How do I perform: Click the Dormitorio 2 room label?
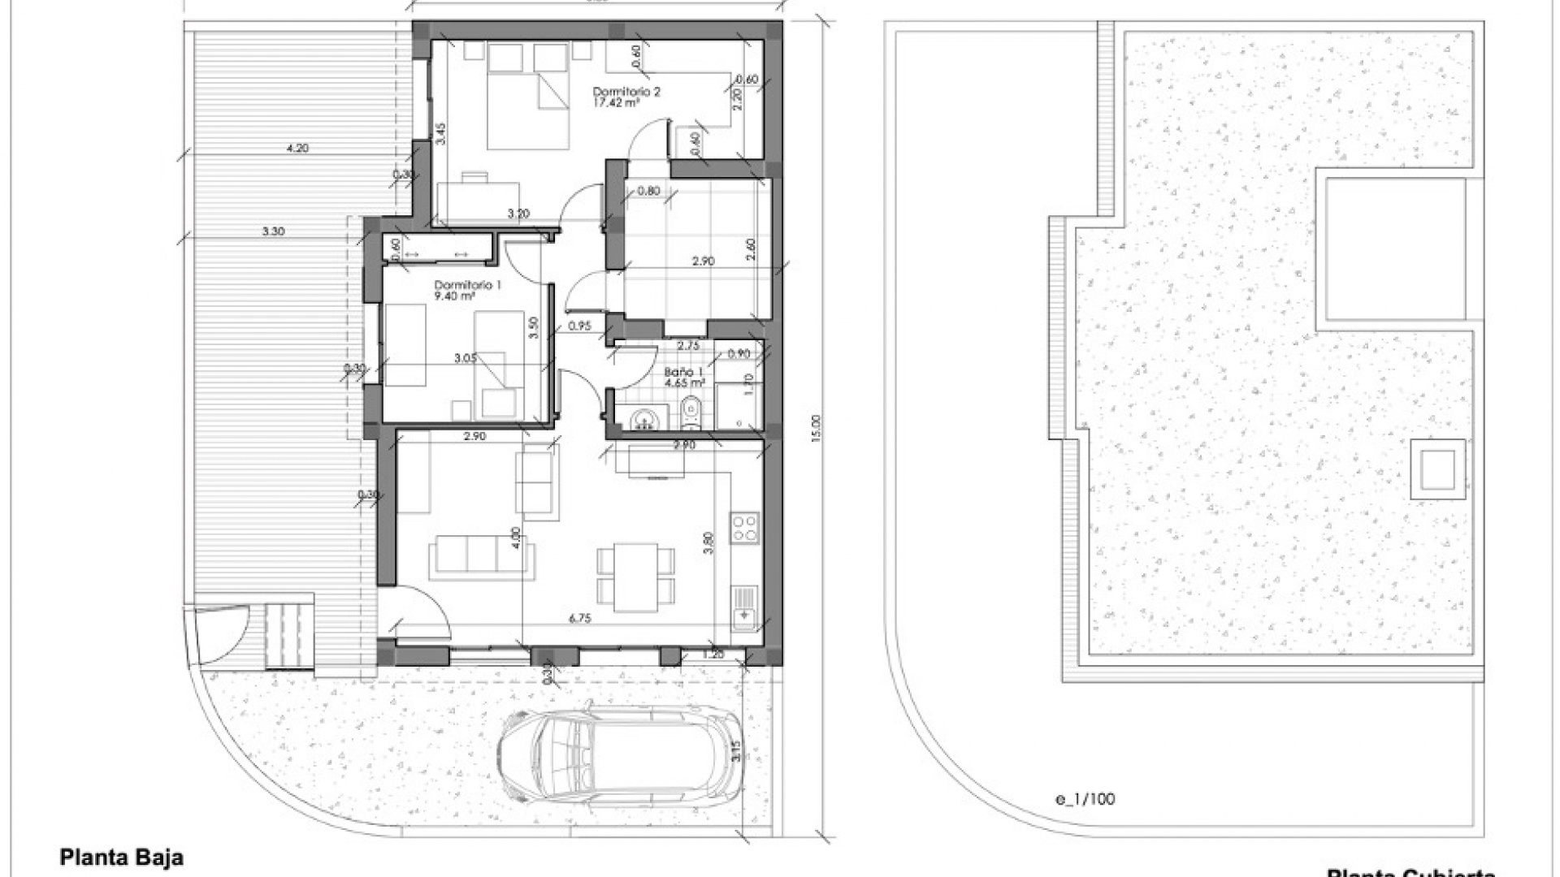pyautogui.click(x=626, y=92)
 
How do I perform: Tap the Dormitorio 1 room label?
pyautogui.click(x=468, y=285)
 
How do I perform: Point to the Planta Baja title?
pyautogui.click(x=122, y=858)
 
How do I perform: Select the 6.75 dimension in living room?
pyautogui.click(x=579, y=619)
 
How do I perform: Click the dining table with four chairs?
pyautogui.click(x=635, y=577)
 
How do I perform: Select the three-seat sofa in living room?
pyautogui.click(x=483, y=555)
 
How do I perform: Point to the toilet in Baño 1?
pyautogui.click(x=691, y=412)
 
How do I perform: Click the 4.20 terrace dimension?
pyautogui.click(x=297, y=149)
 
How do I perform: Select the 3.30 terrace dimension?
pyautogui.click(x=273, y=231)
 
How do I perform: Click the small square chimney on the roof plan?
pyautogui.click(x=1437, y=469)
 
